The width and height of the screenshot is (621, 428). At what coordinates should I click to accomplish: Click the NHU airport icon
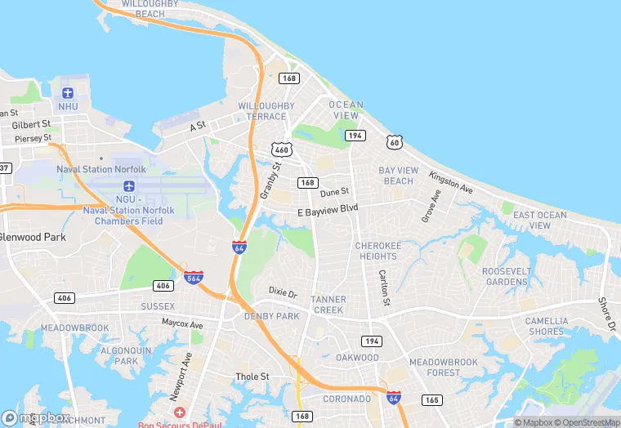pyautogui.click(x=68, y=92)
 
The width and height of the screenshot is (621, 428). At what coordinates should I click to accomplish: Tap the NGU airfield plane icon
pyautogui.click(x=129, y=186)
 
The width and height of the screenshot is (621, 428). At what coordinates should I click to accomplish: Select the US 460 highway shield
pyautogui.click(x=282, y=149)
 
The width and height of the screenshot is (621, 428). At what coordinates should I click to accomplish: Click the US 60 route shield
pyautogui.click(x=395, y=142)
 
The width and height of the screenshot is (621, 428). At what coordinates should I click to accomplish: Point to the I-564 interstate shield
pyautogui.click(x=194, y=277)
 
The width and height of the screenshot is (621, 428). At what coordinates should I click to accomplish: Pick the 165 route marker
pyautogui.click(x=432, y=399)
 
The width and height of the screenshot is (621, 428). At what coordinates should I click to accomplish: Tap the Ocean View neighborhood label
pyautogui.click(x=346, y=110)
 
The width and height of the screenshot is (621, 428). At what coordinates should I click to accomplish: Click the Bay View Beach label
pyautogui.click(x=399, y=176)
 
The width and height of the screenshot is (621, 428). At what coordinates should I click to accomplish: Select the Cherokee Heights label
pyautogui.click(x=378, y=251)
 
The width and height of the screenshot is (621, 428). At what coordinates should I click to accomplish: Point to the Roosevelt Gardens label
pyautogui.click(x=507, y=276)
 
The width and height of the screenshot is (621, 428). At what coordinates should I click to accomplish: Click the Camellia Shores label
pyautogui.click(x=545, y=326)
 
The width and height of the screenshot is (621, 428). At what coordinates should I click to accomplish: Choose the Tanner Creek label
pyautogui.click(x=328, y=305)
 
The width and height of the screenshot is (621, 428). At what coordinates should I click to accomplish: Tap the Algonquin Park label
pyautogui.click(x=127, y=355)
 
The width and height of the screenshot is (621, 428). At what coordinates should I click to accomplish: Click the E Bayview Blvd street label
pyautogui.click(x=328, y=208)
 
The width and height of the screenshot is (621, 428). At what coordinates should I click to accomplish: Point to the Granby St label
pyautogui.click(x=270, y=181)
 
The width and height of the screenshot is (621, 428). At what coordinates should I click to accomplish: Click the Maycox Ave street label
pyautogui.click(x=181, y=323)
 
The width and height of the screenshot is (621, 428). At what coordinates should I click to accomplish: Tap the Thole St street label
pyautogui.click(x=252, y=377)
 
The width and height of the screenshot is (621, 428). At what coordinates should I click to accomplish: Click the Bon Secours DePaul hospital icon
pyautogui.click(x=179, y=412)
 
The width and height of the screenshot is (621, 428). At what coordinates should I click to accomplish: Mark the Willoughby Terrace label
pyautogui.click(x=266, y=111)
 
